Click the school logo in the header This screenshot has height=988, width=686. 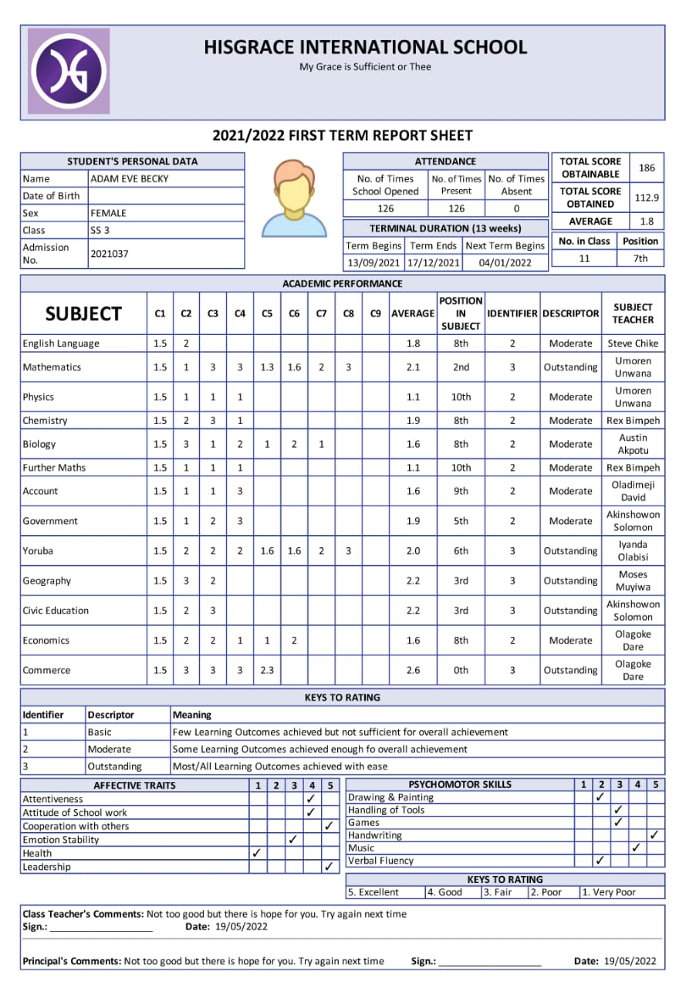(69, 71)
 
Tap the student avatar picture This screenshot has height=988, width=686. (294, 198)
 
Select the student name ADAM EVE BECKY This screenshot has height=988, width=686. (130, 178)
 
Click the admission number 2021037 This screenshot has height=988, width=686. (110, 253)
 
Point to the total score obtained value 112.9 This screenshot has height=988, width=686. (647, 198)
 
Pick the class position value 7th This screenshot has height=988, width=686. (640, 259)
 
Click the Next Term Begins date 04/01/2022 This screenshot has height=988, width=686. (505, 262)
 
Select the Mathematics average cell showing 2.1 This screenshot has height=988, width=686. (413, 367)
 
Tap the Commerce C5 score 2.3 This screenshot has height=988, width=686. (267, 670)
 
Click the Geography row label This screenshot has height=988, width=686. (47, 580)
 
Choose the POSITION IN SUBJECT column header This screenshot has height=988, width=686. (461, 313)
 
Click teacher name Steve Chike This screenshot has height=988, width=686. (633, 343)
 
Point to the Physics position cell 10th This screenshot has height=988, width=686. (461, 397)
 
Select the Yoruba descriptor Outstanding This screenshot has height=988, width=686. (570, 551)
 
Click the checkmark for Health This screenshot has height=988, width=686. (257, 853)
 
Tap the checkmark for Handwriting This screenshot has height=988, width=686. (654, 835)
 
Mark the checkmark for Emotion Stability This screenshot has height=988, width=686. (292, 840)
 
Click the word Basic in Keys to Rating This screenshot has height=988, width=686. (100, 732)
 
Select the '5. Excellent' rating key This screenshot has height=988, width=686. (373, 892)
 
